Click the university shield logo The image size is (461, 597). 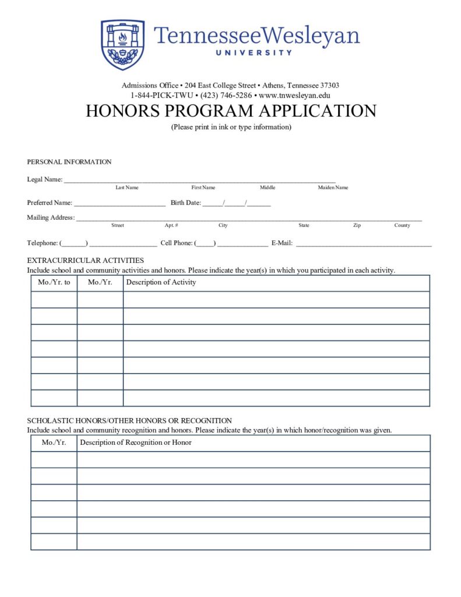[x=122, y=45]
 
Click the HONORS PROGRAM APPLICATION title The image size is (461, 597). [x=231, y=111]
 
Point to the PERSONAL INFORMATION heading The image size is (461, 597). [x=69, y=162]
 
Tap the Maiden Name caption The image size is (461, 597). [x=333, y=188]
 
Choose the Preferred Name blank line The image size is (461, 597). [x=119, y=204]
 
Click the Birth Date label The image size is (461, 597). [x=185, y=203]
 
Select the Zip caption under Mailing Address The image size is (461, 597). [x=357, y=226]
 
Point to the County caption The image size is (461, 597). [x=402, y=226]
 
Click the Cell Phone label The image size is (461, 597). [x=176, y=243]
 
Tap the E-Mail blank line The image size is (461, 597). [x=364, y=244]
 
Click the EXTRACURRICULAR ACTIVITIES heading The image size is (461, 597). [x=85, y=261]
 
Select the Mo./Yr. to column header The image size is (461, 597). [x=54, y=282]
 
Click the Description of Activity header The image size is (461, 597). [x=161, y=282]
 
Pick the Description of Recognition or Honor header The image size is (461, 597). [x=136, y=443]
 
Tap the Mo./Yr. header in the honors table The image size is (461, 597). [x=54, y=443]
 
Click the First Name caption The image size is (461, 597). [x=203, y=188]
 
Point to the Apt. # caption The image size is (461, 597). [x=171, y=226]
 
